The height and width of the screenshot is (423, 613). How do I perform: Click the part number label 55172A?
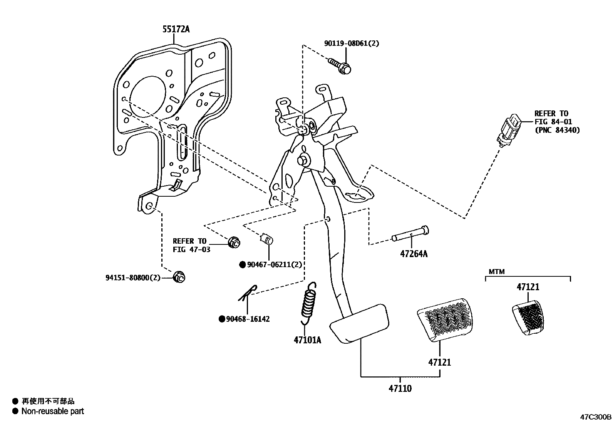176,29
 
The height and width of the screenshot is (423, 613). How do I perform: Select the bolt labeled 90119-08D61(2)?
340,66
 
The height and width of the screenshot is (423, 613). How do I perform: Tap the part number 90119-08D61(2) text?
351,43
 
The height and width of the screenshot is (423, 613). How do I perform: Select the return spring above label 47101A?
308,302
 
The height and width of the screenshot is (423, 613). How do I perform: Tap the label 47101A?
307,340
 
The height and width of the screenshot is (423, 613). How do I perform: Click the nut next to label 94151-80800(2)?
179,276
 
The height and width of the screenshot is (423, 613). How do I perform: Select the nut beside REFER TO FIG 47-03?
234,242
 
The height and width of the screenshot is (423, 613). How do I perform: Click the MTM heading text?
496,272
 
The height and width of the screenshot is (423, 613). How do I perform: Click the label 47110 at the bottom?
400,388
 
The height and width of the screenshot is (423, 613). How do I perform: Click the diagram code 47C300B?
596,417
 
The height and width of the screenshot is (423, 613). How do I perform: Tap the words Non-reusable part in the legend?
53,411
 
